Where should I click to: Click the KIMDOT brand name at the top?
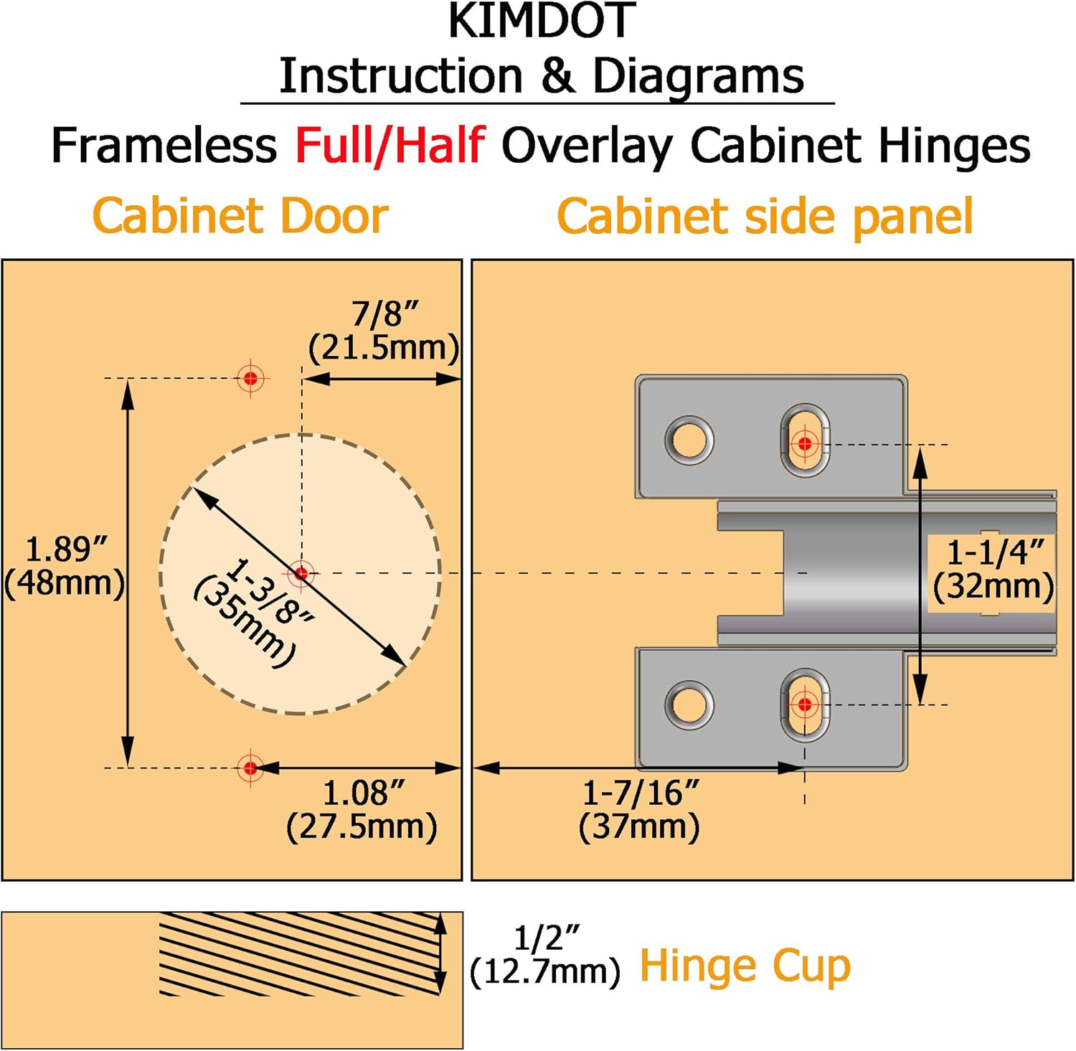(542, 22)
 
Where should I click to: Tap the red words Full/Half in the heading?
(390, 146)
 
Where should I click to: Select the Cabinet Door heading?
(240, 216)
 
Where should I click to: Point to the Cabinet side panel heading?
(765, 216)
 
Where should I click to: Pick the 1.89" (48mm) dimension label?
(65, 566)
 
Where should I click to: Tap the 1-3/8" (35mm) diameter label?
(255, 611)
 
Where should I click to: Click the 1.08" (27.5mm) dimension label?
(362, 810)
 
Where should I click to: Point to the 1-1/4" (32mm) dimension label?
(994, 570)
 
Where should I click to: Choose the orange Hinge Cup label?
(745, 966)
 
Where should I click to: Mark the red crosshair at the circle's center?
(301, 573)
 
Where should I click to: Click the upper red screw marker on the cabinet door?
(250, 377)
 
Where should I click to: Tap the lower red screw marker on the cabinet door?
(250, 768)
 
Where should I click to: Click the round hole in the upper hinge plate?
(689, 439)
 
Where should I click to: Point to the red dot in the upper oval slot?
(805, 444)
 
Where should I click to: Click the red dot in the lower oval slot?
(805, 704)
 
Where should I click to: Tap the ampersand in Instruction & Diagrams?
(557, 76)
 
